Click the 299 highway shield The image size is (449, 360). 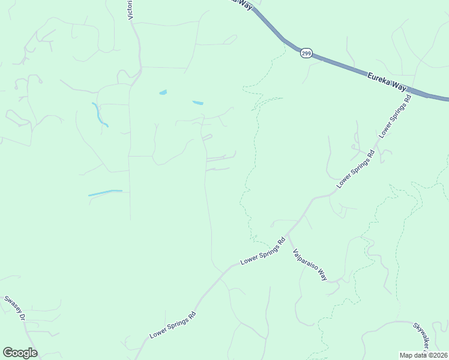[x=306, y=53]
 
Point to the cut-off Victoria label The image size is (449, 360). [x=130, y=10]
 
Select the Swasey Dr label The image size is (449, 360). [x=14, y=309]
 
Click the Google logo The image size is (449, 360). [x=20, y=352]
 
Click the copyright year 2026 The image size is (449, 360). [x=439, y=355]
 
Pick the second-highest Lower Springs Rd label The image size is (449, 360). [x=356, y=169]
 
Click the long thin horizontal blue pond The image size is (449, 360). [x=105, y=193]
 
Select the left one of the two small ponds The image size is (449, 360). [x=163, y=92]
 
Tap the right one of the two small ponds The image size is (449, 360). [x=197, y=103]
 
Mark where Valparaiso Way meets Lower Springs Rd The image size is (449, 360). [x=288, y=233]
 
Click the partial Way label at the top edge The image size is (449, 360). [x=243, y=4]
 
